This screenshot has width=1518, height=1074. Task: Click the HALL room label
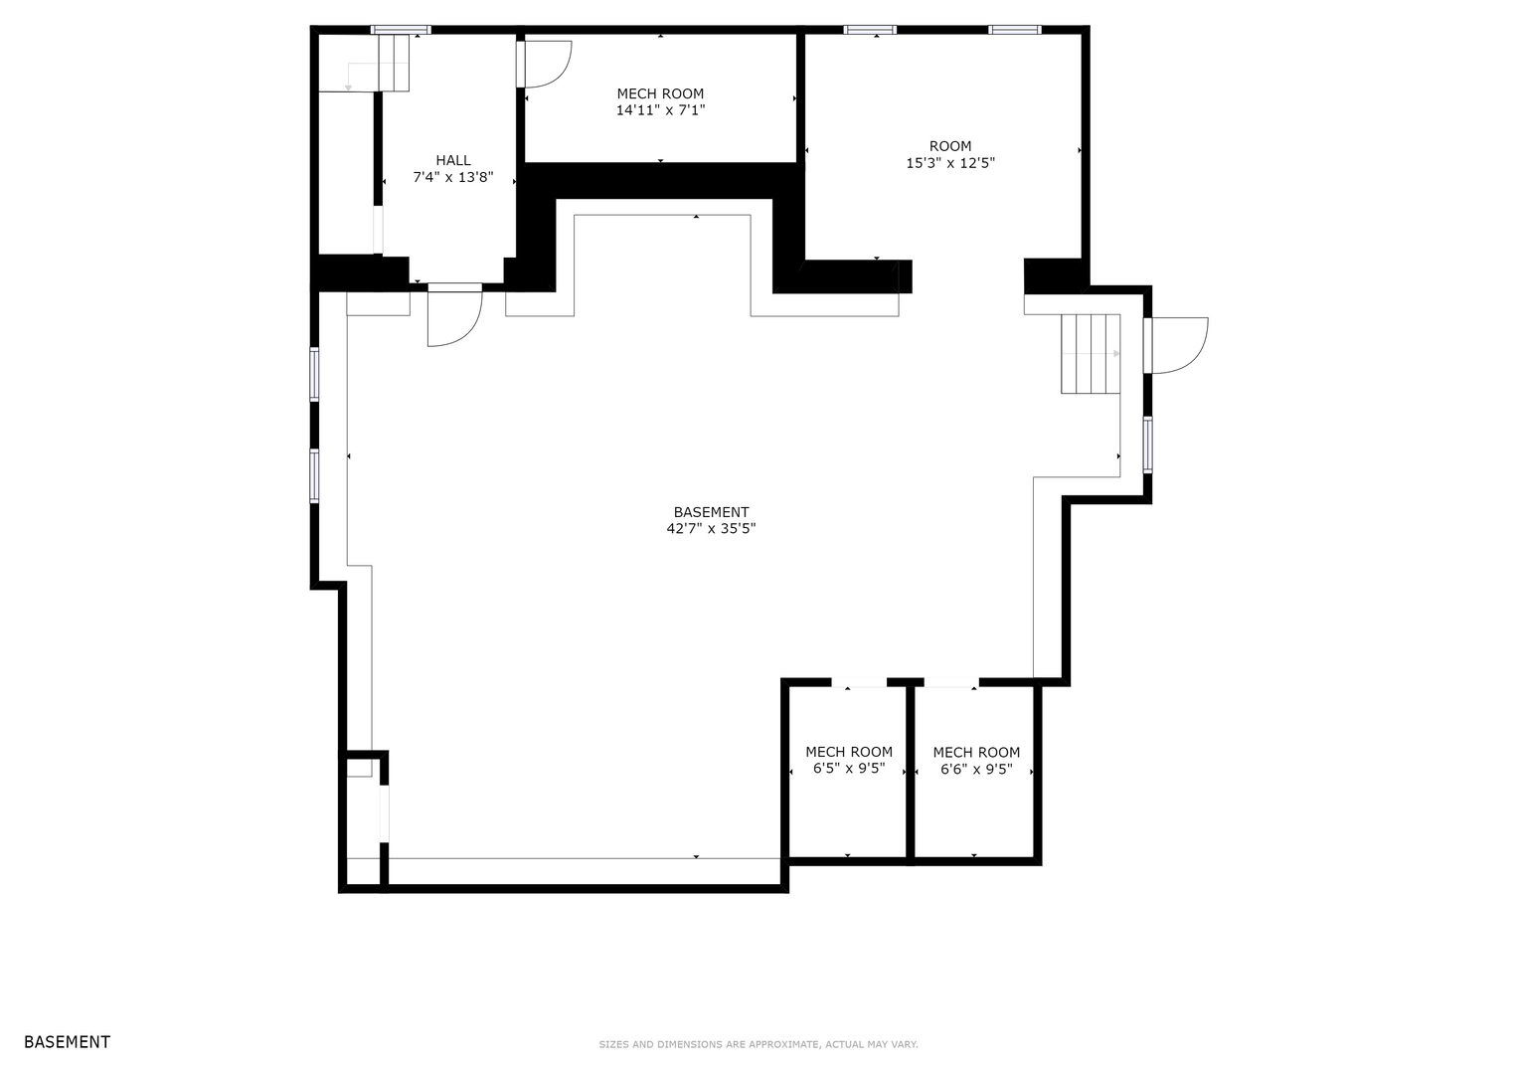[x=453, y=160]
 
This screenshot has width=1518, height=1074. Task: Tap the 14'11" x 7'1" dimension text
[x=660, y=109]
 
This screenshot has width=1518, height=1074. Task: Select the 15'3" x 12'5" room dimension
[x=950, y=163]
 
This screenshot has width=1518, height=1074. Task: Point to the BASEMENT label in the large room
[x=711, y=512]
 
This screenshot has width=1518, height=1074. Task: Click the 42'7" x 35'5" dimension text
[x=711, y=528]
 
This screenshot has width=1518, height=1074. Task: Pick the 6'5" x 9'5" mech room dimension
[x=848, y=768]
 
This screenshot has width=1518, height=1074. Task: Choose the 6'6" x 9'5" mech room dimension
[x=976, y=769]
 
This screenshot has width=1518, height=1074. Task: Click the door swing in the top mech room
[x=545, y=65]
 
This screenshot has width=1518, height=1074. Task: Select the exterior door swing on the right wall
[x=1176, y=345]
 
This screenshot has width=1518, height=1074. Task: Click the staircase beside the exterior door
[x=1091, y=353]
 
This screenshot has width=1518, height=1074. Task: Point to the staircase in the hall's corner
[x=394, y=63]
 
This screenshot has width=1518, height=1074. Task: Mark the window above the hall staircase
[x=401, y=29]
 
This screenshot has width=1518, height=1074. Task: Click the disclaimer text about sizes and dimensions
[x=759, y=1044]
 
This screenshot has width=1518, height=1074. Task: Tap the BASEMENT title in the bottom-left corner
[x=67, y=1042]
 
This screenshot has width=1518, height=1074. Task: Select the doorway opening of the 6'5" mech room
[x=859, y=682]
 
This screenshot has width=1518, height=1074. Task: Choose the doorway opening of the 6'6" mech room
[x=951, y=682]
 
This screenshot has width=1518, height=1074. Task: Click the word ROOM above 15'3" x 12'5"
[x=950, y=146]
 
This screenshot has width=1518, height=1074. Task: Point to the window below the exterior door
[x=1147, y=445]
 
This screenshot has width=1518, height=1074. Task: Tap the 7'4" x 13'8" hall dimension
[x=453, y=178]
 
